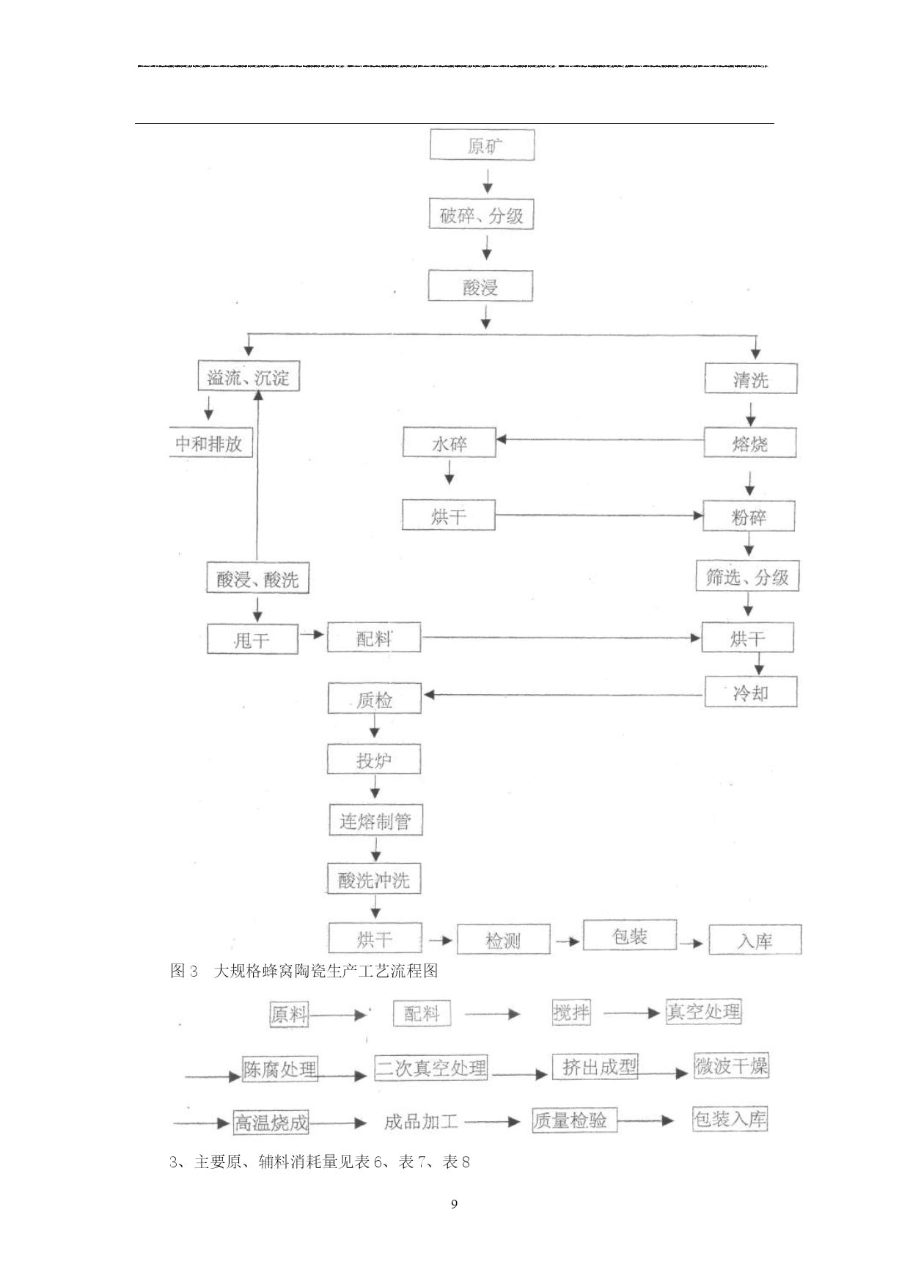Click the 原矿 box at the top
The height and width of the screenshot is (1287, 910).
coord(482,145)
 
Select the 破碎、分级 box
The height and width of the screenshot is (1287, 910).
coord(481,214)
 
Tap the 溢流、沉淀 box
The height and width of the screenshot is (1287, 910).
coord(249,376)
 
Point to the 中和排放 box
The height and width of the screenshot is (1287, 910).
coord(210,442)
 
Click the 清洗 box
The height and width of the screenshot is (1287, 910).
coord(751,379)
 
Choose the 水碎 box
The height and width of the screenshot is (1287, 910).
coord(449,442)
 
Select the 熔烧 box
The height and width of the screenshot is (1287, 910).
coord(750,442)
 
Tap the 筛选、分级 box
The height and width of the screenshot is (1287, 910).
coord(747,577)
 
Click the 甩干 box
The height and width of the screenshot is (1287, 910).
coord(252,639)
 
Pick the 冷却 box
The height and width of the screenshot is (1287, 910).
coord(751,692)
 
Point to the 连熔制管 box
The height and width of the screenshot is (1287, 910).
coord(375,820)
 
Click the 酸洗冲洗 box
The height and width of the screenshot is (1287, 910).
coord(374,879)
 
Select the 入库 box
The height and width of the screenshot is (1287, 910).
coord(755,939)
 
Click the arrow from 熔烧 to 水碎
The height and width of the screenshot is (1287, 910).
coord(600,440)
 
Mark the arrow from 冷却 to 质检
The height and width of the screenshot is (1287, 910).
coord(564,694)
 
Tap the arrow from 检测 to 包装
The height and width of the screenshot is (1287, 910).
coord(568,941)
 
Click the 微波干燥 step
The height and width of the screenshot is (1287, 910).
coord(731,1065)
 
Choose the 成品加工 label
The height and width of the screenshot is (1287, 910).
coord(421,1121)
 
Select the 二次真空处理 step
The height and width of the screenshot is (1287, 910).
coord(431,1068)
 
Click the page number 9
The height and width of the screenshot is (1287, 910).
coord(455,1203)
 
